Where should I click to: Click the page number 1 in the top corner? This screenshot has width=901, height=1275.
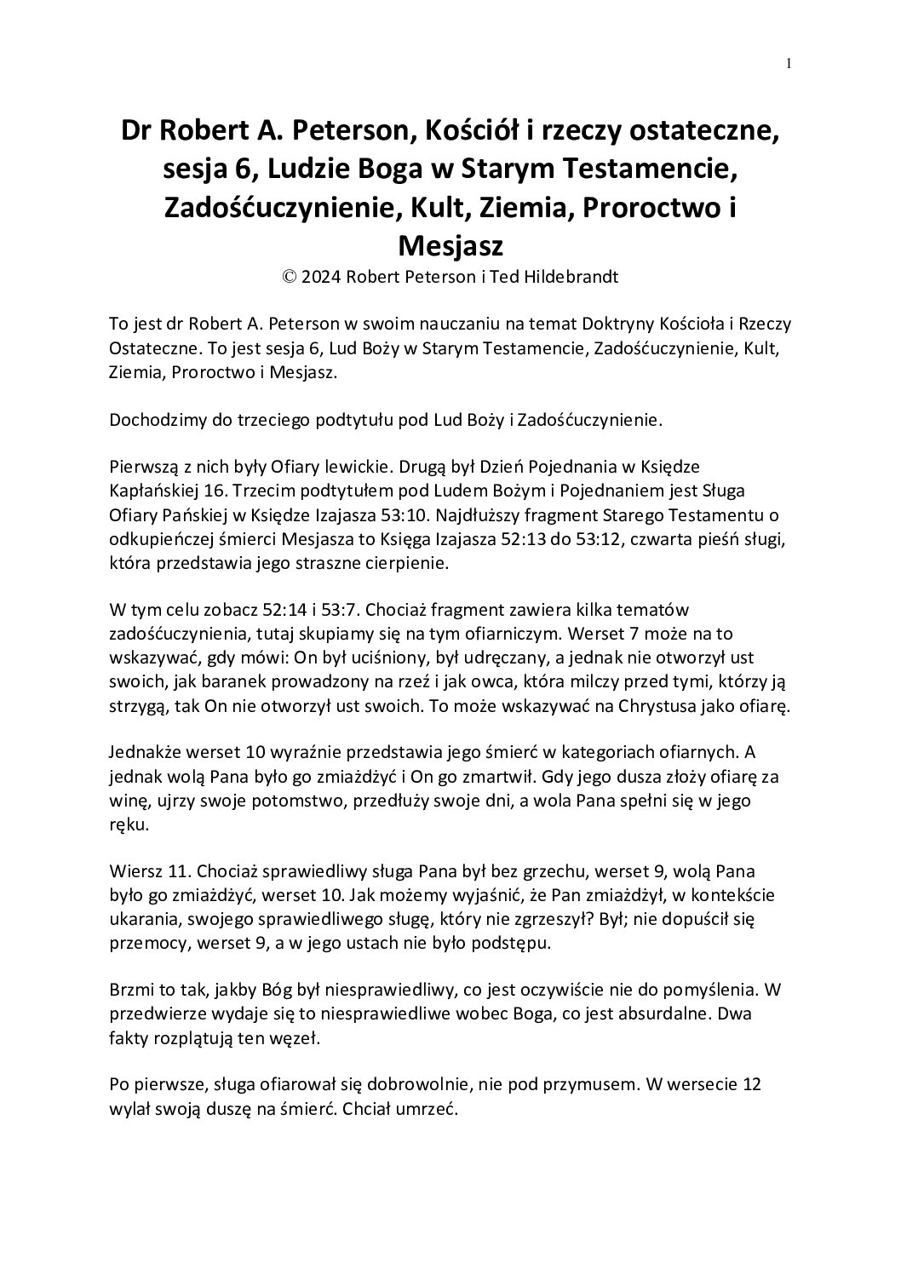coord(789,62)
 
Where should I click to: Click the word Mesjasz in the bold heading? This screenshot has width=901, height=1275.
coord(450,246)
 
